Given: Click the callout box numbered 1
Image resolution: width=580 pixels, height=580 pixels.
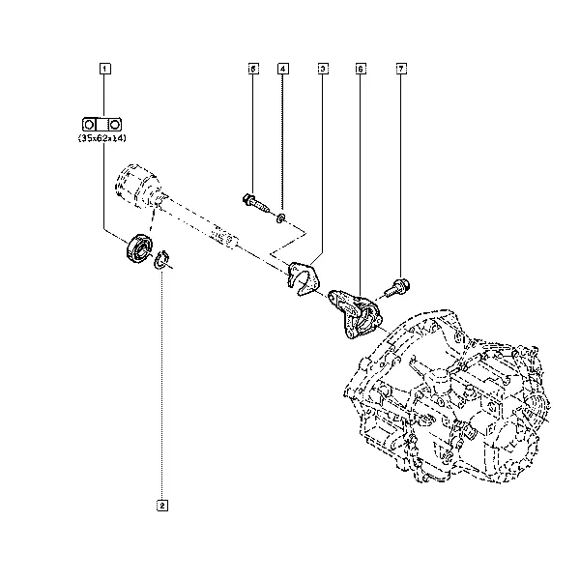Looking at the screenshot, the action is tap(105, 69).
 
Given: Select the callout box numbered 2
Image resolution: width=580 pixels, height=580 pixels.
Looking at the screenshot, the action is tap(162, 506).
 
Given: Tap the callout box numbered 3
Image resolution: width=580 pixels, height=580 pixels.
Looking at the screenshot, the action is tap(323, 69).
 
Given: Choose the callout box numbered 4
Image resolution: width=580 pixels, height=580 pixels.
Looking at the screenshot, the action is tap(283, 69).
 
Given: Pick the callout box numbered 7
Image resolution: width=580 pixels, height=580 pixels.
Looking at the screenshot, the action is tap(401, 69).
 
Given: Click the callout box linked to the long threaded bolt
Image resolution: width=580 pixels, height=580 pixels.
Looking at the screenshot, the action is tap(253, 69).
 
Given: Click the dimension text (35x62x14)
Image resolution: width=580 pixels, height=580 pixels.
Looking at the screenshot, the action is tap(102, 138).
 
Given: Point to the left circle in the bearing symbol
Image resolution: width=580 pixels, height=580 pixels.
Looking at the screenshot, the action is tap(88, 125).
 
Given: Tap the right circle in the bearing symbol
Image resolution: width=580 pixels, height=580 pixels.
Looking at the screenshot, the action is tap(115, 125).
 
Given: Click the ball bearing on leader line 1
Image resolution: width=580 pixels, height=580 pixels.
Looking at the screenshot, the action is tap(138, 247).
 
